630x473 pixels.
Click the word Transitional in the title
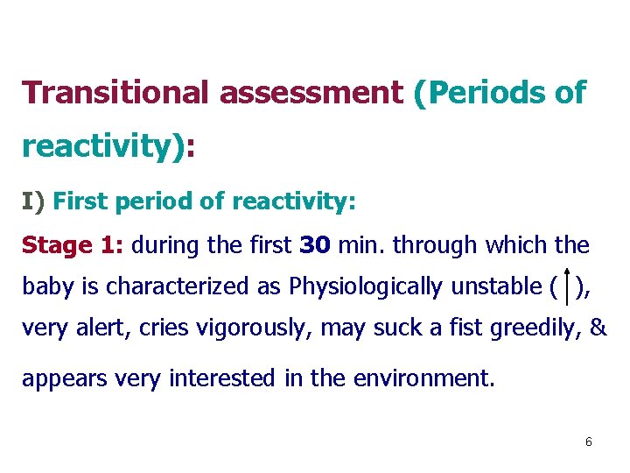click(x=115, y=92)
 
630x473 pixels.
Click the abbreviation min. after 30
click(x=360, y=244)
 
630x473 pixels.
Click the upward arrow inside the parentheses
click(x=569, y=287)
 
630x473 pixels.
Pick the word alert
click(x=97, y=328)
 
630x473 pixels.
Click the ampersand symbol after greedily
click(x=598, y=328)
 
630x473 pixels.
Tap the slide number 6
click(x=589, y=442)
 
